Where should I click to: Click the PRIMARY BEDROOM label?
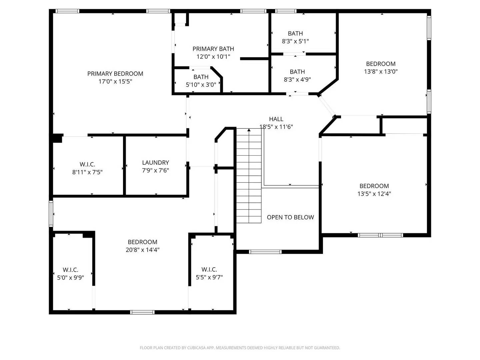click(115, 74)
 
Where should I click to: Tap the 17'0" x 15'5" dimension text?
click(115, 82)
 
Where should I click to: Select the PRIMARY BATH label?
click(213, 49)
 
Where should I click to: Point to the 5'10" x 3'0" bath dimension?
click(201, 85)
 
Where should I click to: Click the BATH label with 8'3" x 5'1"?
click(295, 33)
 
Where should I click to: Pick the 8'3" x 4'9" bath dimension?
click(297, 80)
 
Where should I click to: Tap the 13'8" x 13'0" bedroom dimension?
click(381, 71)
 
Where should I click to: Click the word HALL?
click(276, 119)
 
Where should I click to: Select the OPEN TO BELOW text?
click(290, 217)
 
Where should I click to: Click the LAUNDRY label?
click(155, 163)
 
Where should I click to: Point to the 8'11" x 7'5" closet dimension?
click(87, 172)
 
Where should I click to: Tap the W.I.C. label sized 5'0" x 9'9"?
click(70, 270)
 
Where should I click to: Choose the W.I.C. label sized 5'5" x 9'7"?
click(209, 269)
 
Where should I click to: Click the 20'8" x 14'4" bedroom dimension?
click(142, 250)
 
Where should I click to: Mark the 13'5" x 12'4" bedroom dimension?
click(374, 194)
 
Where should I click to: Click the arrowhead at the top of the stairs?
click(249, 130)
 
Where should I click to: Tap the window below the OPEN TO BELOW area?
click(265, 252)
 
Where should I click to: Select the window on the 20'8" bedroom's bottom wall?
click(142, 312)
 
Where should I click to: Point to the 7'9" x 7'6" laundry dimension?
click(155, 171)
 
